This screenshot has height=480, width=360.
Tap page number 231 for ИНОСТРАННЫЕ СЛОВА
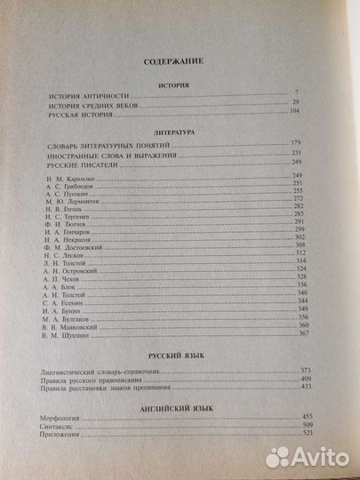299,155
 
